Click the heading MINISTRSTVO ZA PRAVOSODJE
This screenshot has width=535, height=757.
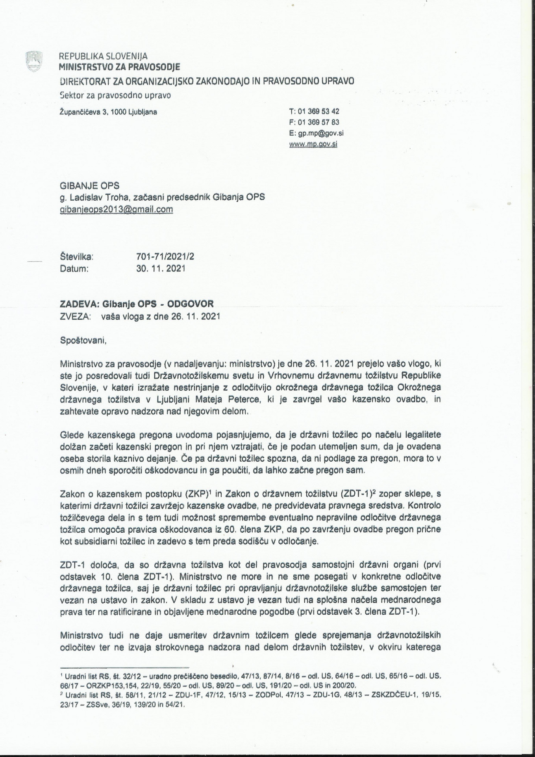(119, 67)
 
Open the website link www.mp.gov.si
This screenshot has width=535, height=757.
(313, 144)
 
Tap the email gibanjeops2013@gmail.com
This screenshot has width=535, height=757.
(116, 209)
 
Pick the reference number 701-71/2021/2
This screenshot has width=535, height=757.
(165, 257)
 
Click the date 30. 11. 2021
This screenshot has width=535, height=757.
(161, 269)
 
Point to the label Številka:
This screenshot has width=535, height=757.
(76, 257)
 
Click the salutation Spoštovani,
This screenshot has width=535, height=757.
(83, 340)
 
